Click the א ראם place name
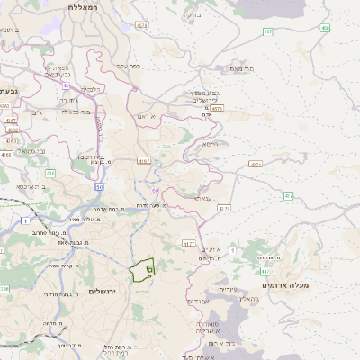pyautogui.click(x=148, y=116)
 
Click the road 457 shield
pyautogui.click(x=268, y=31)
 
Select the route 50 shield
pyautogui.click(x=99, y=186)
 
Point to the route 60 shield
pyautogui.click(x=155, y=191)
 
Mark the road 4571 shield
pyautogui.click(x=256, y=166)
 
